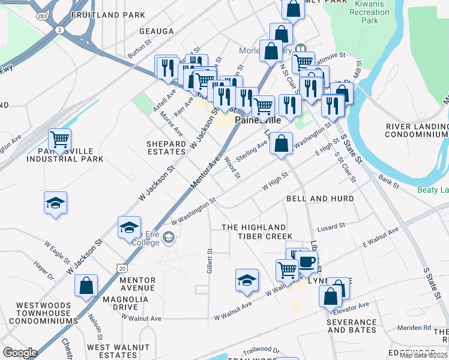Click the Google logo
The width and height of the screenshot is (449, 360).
(20, 353)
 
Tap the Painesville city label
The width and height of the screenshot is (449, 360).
(258, 120)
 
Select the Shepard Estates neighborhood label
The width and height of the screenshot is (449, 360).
(166, 148)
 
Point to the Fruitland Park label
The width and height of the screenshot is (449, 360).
(108, 14)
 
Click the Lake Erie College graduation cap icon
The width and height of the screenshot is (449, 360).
(129, 228)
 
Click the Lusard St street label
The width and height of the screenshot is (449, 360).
(332, 226)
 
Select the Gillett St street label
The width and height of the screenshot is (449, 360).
(209, 262)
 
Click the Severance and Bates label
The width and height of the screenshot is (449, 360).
(352, 326)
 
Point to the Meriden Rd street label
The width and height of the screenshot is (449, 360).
(418, 328)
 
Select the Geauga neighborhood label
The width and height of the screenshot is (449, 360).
(157, 31)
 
